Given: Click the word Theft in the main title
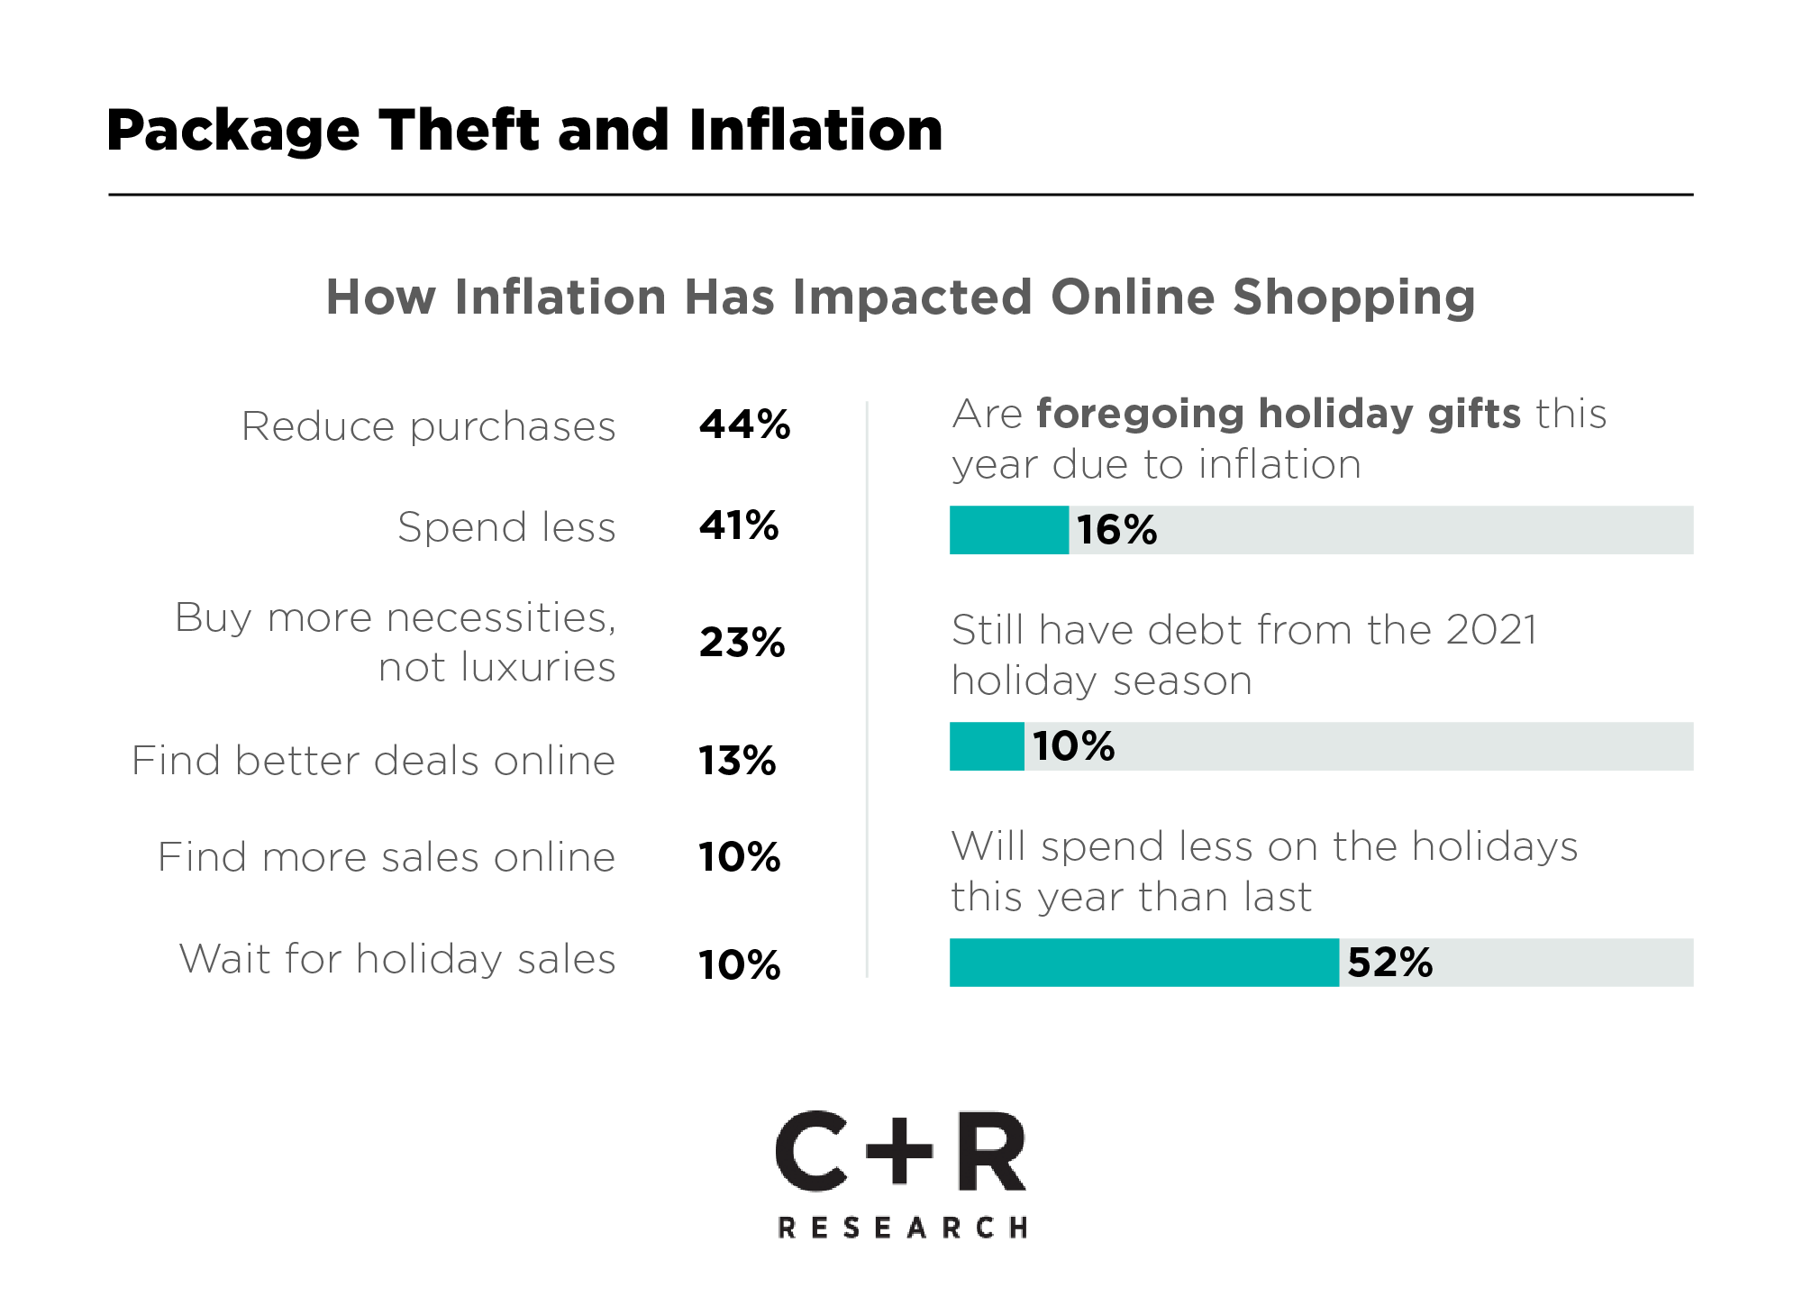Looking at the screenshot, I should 460,130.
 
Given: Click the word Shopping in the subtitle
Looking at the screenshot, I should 1353,297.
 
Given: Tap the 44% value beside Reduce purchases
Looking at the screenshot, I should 744,425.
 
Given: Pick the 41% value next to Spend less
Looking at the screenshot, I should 739,525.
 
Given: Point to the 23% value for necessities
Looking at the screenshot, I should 742,643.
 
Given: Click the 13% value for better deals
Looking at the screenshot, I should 737,761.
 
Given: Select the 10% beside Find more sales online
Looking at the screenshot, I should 739,857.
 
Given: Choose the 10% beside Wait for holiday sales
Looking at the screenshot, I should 739,965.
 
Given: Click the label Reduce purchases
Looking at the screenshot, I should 428,426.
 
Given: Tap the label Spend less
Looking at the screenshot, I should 506,527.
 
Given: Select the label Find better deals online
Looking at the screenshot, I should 373,761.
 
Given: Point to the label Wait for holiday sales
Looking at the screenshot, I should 397,958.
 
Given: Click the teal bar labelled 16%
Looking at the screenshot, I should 1009,530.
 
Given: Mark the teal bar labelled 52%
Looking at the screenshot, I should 1144,963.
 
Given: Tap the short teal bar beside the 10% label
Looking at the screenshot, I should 987,746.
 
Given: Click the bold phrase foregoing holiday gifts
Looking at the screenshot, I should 1279,414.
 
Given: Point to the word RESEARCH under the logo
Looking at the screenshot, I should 902,1228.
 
